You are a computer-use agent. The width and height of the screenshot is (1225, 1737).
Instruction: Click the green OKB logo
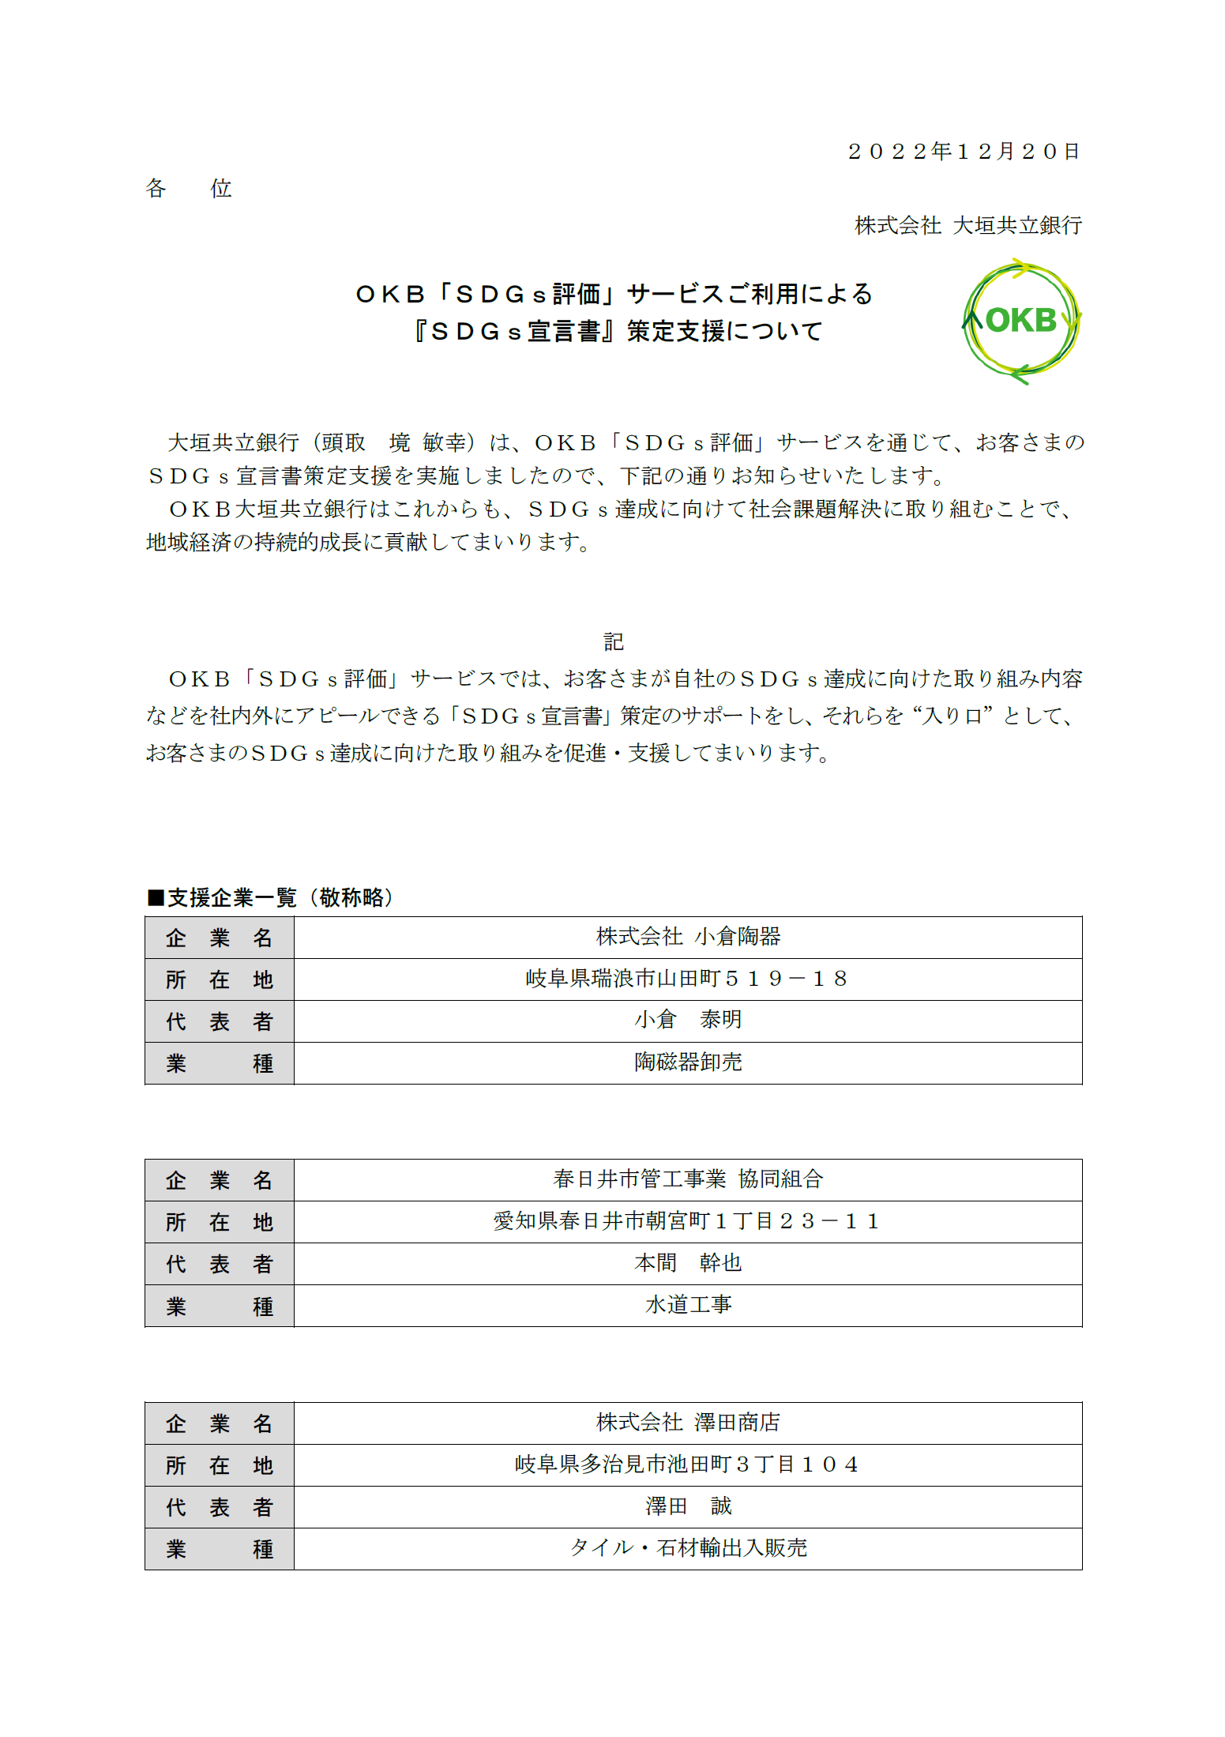click(1020, 321)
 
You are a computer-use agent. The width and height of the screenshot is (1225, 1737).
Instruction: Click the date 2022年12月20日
click(963, 151)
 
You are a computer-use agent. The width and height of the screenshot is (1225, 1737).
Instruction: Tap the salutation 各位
click(188, 188)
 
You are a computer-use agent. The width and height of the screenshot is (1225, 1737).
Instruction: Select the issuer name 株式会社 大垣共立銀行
click(968, 226)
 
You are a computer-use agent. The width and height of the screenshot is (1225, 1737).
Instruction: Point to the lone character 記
click(613, 641)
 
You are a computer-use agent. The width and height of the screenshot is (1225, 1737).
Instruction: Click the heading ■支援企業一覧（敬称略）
click(270, 897)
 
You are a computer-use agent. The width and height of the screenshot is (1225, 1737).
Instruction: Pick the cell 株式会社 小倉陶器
click(688, 937)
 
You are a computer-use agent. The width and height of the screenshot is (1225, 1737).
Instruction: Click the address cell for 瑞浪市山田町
click(688, 979)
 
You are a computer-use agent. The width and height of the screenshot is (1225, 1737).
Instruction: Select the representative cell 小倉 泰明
click(688, 1021)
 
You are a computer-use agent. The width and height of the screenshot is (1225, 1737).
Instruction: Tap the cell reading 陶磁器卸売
click(688, 1062)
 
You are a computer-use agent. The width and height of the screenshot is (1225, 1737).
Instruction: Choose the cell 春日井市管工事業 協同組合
click(688, 1179)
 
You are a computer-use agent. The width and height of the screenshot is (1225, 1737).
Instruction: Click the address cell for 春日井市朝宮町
click(688, 1221)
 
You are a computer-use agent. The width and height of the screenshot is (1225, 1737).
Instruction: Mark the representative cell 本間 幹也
click(688, 1263)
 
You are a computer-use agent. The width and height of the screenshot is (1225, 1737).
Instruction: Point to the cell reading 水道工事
click(688, 1305)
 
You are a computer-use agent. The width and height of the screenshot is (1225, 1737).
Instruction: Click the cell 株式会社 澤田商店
click(688, 1423)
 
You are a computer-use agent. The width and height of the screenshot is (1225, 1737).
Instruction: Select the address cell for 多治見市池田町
click(688, 1464)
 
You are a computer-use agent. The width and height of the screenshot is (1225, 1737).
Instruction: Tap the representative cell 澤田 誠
click(688, 1506)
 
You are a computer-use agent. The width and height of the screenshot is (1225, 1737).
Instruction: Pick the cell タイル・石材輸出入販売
click(688, 1548)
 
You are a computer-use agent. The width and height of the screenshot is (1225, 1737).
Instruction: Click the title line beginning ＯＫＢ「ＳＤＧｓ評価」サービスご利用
click(614, 294)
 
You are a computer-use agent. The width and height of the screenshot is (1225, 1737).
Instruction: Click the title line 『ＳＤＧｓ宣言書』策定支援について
click(617, 331)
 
